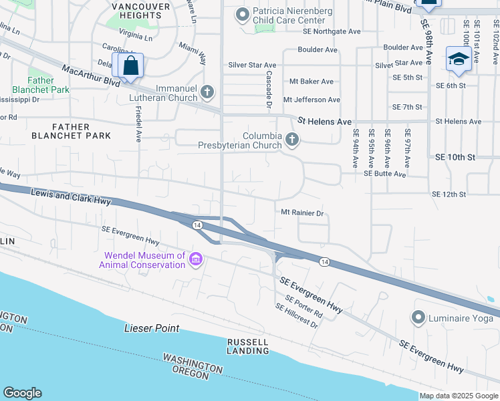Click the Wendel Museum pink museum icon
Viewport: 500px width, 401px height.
pos(195,259)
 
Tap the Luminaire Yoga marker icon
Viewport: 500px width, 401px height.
pos(419,317)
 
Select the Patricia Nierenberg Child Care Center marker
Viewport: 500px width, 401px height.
pos(241,13)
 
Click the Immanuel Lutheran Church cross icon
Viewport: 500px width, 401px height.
pos(207,92)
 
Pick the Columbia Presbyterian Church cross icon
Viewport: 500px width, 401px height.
pos(291,140)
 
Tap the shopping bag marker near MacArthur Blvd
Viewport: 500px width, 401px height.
pos(131,65)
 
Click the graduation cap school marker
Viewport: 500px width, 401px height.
pos(459,59)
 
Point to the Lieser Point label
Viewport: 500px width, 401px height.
pos(152,328)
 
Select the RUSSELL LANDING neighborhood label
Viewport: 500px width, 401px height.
pos(247,346)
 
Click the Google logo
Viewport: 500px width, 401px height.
pos(22,393)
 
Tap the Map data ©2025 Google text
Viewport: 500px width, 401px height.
pos(459,396)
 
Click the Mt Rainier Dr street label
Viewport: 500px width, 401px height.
pos(301,213)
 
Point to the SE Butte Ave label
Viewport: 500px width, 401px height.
pos(384,173)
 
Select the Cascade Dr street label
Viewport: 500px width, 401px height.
pos(269,91)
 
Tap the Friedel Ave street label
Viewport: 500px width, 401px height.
pos(138,124)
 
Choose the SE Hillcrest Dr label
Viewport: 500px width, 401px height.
pos(297,315)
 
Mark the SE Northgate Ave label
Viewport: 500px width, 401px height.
pos(332,31)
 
